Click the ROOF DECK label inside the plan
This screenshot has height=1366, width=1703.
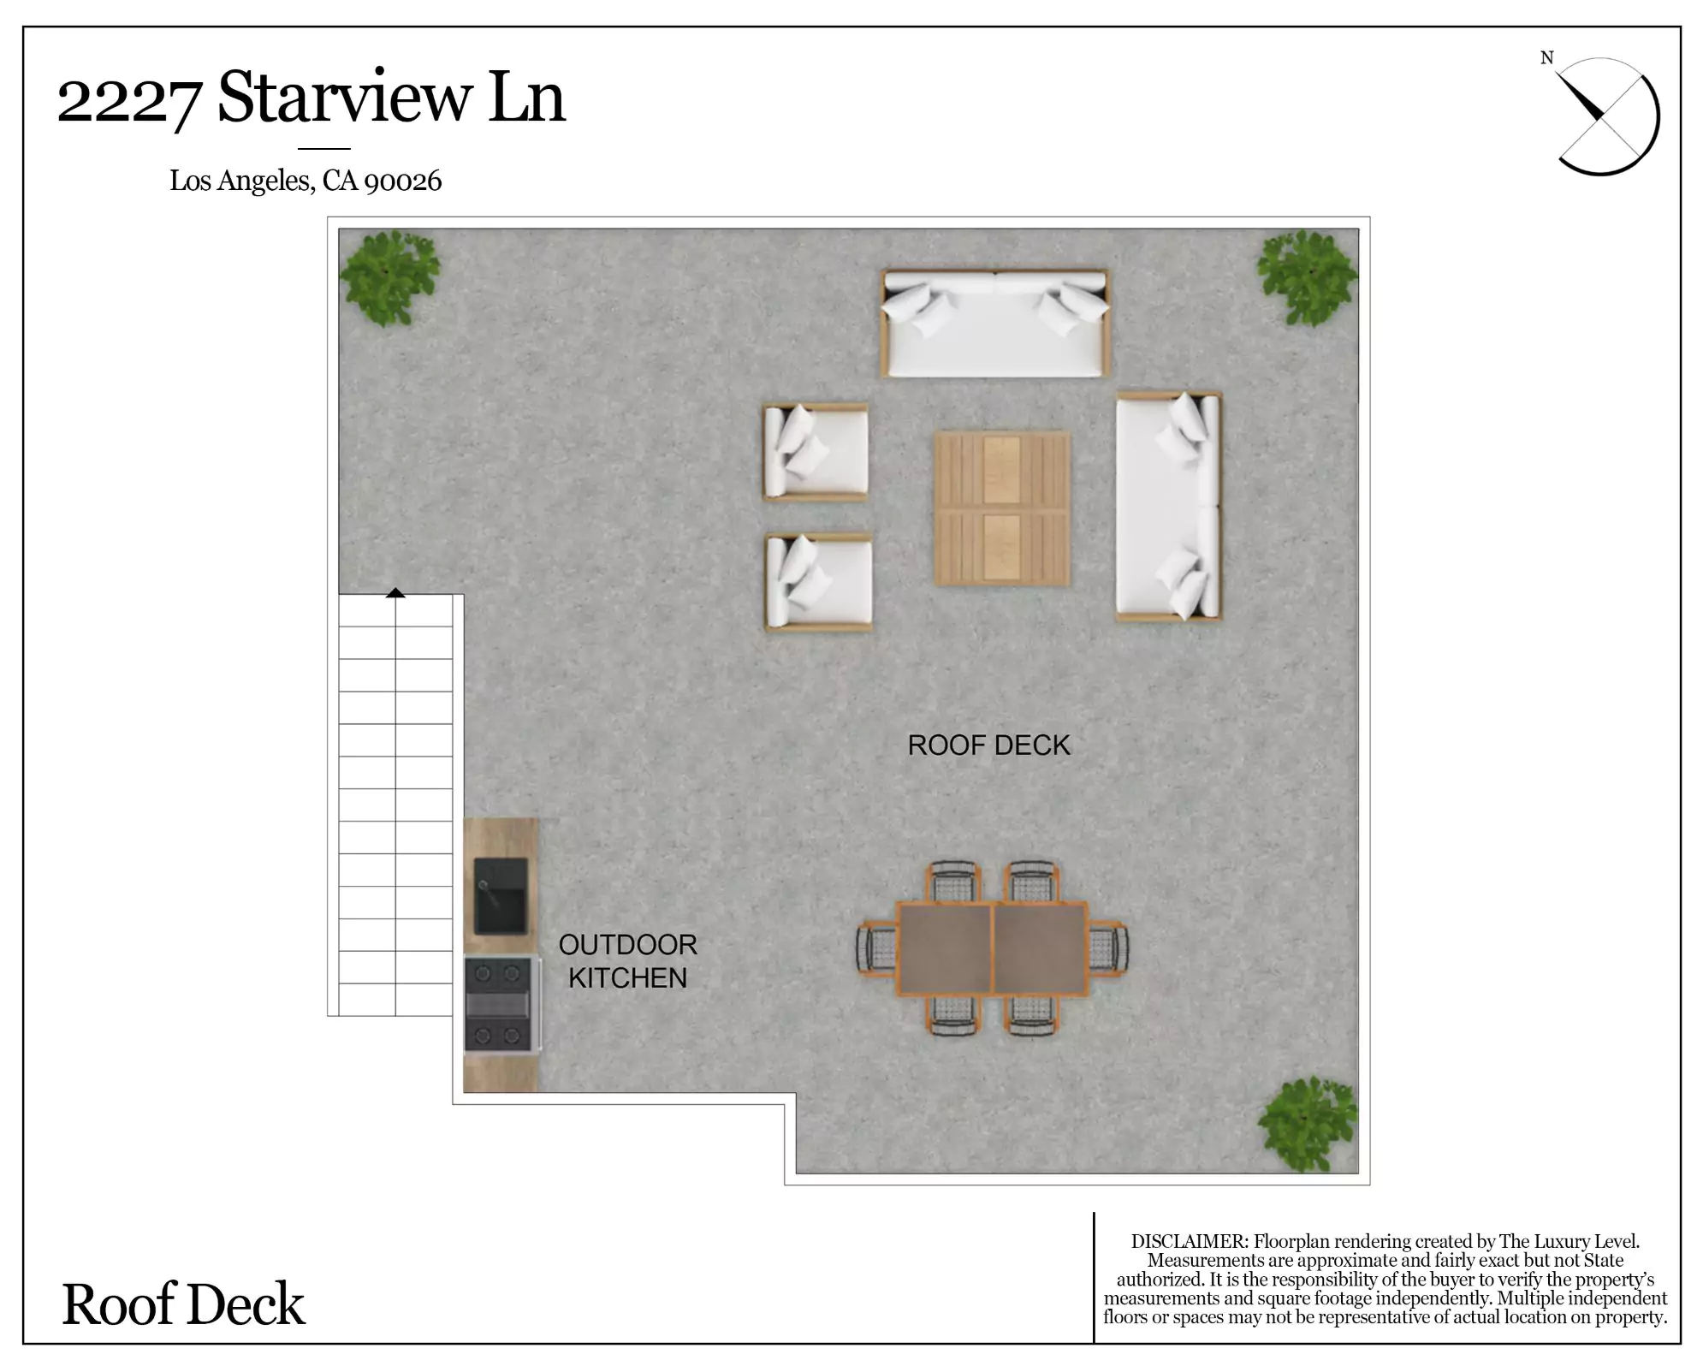tap(988, 745)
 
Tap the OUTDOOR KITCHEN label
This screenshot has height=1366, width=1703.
tap(627, 961)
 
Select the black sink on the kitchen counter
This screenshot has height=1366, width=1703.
tap(501, 895)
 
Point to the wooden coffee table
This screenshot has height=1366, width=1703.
tap(1002, 508)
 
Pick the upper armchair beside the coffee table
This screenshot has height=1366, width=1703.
tap(816, 452)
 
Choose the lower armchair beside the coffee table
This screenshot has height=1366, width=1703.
tap(818, 583)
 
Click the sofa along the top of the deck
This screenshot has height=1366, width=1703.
tap(996, 324)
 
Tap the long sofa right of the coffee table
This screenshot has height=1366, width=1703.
tap(1168, 507)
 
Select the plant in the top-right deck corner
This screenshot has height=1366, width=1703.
tap(1306, 277)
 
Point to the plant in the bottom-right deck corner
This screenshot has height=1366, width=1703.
tap(1307, 1124)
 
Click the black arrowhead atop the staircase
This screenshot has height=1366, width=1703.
tap(395, 592)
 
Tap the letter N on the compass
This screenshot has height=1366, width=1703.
tap(1546, 58)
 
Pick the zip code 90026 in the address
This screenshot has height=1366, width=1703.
tap(403, 181)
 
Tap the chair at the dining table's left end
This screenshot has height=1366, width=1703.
tap(876, 947)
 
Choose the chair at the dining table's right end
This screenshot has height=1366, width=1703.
tap(1108, 947)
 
